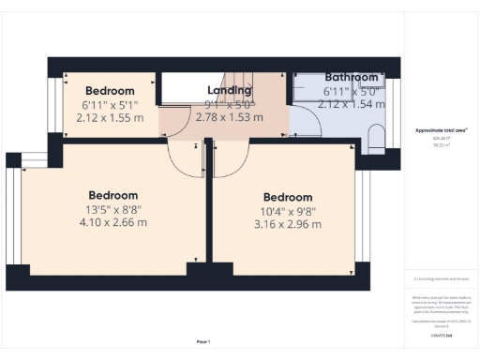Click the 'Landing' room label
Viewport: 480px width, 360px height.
click(230, 91)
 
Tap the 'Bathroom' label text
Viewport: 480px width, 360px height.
click(352, 77)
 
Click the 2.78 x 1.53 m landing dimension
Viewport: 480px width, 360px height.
click(230, 118)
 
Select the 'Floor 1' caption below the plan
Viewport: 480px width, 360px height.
click(202, 341)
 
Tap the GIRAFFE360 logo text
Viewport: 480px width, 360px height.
click(441, 335)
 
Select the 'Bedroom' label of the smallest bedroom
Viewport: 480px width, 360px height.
click(111, 92)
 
